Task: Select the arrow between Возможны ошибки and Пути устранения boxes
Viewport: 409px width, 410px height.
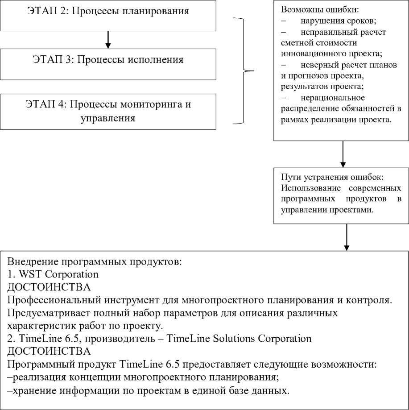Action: click(343, 154)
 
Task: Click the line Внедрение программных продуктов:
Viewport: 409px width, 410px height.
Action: click(102, 262)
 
